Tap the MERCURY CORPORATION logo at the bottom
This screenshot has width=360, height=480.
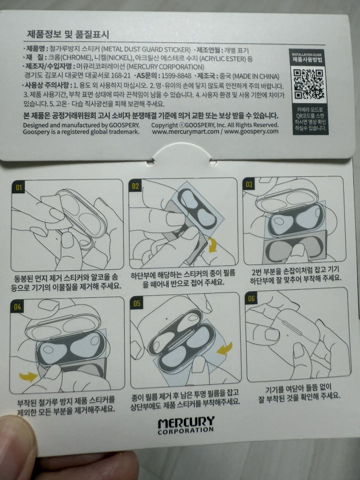point(186,425)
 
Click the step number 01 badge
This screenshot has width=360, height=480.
point(19,188)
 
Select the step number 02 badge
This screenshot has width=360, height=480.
point(136,186)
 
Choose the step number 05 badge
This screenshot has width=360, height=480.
point(137,303)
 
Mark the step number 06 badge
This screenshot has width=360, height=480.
point(251,298)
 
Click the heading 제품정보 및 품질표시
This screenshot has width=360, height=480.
point(68,34)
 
